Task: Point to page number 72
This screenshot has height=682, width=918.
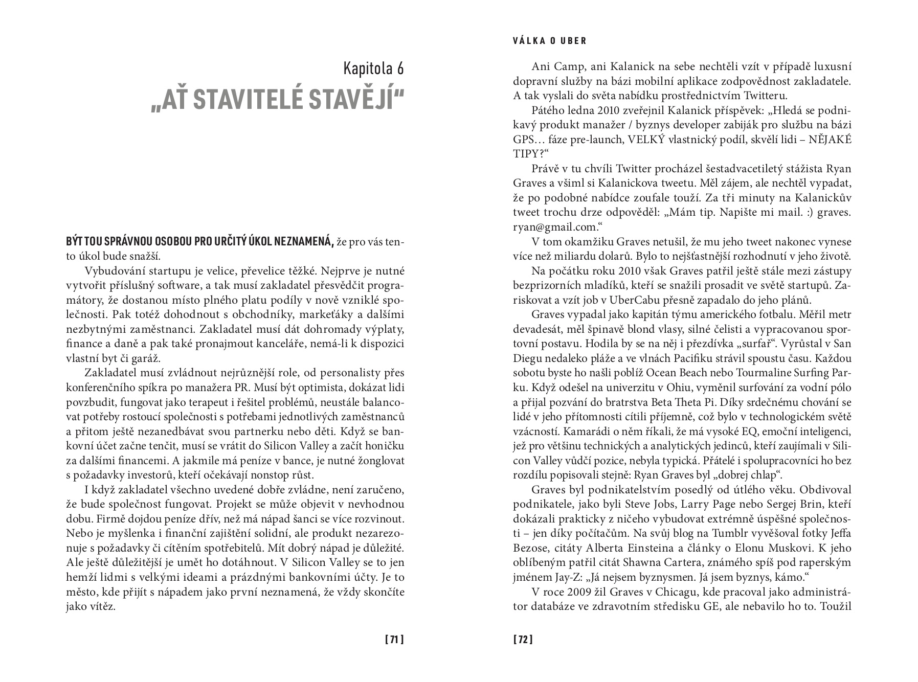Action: tap(523, 639)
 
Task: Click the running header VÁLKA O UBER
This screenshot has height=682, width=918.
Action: tap(550, 41)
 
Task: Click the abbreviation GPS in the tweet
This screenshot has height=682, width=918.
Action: tap(524, 140)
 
